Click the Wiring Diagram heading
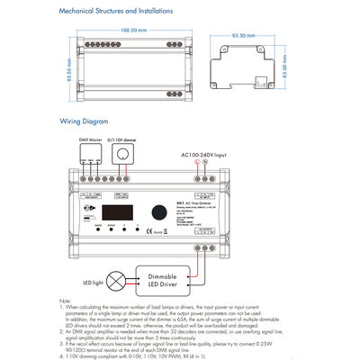click(x=85, y=120)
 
